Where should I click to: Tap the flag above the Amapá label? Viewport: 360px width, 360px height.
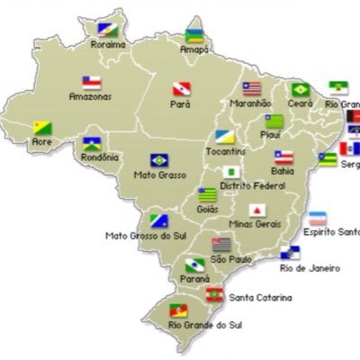coord(194,35)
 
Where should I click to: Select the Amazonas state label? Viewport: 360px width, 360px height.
coord(90,96)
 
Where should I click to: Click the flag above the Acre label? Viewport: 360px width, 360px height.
coord(42,129)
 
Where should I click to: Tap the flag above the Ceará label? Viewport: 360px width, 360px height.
coord(299,90)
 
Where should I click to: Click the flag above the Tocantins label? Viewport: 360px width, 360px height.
coord(225,137)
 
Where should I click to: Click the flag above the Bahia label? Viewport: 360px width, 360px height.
coord(283,156)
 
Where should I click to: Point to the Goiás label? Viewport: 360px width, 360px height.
coord(207,209)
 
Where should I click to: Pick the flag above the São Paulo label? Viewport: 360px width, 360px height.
coord(221,243)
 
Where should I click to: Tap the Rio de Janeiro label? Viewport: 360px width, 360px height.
coord(309,268)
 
